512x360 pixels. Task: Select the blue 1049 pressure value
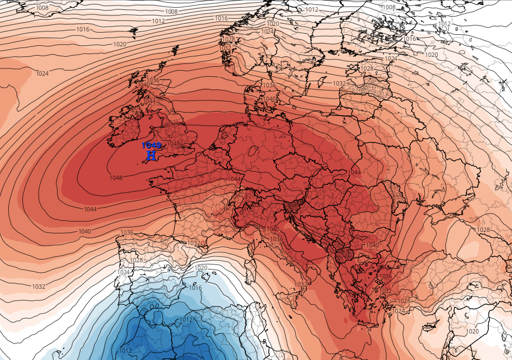coord(152,145)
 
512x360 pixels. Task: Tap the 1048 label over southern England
coord(173,144)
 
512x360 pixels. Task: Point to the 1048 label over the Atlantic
coord(116,178)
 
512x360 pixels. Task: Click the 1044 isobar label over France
coord(234,179)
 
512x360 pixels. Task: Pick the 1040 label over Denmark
coord(269,99)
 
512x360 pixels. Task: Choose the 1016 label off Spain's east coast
coord(195,288)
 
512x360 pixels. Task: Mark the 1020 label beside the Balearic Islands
coord(201,268)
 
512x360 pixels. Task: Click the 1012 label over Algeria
coord(186,320)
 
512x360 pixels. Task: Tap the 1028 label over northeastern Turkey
coord(483,230)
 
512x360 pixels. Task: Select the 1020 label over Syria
coord(473,331)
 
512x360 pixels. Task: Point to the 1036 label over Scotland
coord(153,81)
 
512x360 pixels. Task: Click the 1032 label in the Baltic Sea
coord(339,83)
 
